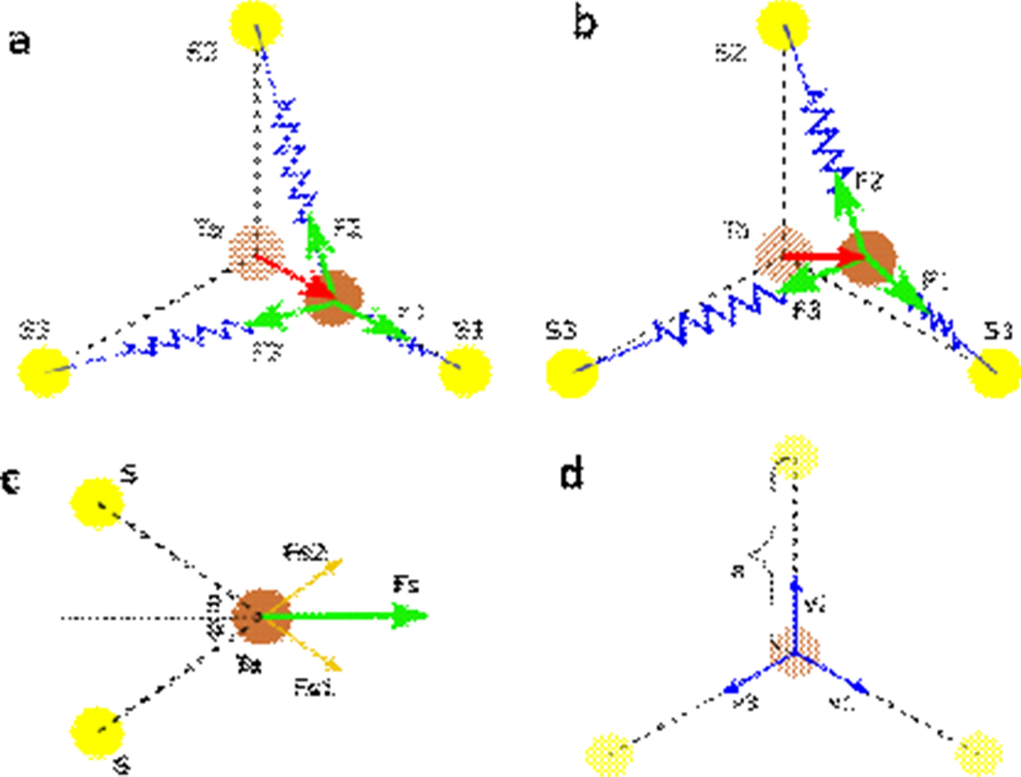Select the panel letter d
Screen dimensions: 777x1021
pos(572,474)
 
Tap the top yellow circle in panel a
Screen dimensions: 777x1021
pos(256,25)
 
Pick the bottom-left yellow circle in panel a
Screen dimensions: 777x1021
pos(44,372)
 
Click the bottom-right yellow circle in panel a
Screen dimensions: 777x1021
pos(465,371)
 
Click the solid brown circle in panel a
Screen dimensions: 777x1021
pos(333,297)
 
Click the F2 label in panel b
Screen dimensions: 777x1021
pos(869,182)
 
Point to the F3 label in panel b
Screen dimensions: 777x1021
pos(806,311)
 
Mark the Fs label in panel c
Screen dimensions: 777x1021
pos(406,585)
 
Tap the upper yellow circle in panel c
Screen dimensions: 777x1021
pos(97,503)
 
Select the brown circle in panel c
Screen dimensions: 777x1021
pos(261,616)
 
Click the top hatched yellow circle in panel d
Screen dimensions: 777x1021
pos(794,457)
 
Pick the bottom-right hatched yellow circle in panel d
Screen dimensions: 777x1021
pos(978,753)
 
